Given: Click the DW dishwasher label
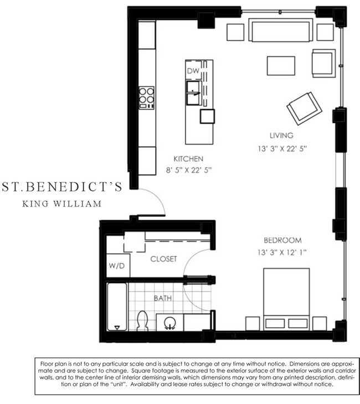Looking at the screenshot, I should tap(192, 71).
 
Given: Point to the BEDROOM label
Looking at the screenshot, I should tap(282, 241).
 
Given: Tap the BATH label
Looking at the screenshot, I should tap(162, 298).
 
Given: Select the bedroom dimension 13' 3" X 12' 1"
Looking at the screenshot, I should tap(282, 253).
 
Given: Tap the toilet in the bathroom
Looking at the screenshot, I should tap(142, 320).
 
